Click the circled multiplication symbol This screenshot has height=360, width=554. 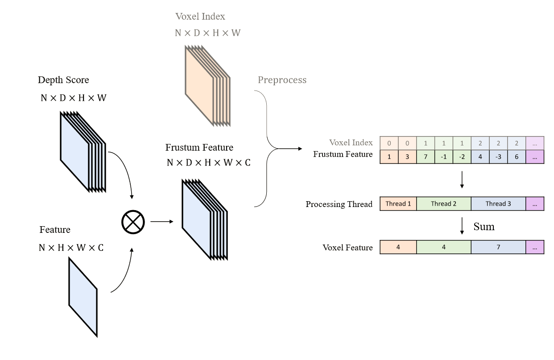tap(133, 221)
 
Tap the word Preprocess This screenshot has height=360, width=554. tap(282, 80)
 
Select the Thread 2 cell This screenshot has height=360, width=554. tap(443, 204)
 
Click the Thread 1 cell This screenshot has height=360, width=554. tap(398, 204)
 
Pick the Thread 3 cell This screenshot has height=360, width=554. tap(498, 204)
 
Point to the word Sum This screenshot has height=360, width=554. tap(484, 227)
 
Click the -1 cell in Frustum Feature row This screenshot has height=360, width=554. tap(443, 157)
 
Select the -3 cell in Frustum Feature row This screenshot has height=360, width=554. tap(498, 157)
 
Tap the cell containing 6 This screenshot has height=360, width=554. tap(517, 157)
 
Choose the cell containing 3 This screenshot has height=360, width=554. tap(407, 157)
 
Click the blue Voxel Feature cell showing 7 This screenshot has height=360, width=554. tap(498, 247)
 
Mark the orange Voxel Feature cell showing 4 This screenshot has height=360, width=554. tap(398, 247)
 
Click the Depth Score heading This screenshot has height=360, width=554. tap(63, 80)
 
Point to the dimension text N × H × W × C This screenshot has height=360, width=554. tap(71, 248)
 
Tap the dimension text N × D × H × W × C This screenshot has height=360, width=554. tap(208, 163)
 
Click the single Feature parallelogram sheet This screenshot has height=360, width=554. tap(83, 297)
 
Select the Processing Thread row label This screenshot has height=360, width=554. tap(339, 204)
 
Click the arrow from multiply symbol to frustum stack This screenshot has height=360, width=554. tap(161, 221)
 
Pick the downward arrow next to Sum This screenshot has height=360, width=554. tap(462, 226)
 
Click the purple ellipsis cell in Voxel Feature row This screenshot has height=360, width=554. tap(535, 247)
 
